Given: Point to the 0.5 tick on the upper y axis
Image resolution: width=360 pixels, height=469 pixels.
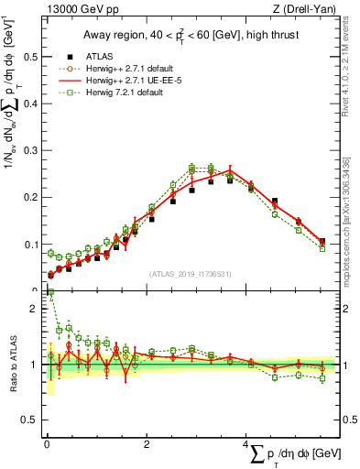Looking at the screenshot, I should pyautogui.click(x=28, y=57).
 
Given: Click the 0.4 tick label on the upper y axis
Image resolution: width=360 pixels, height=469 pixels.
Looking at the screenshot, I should pyautogui.click(x=28, y=104).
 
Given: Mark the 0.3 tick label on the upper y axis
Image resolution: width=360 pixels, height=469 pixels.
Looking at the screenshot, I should pyautogui.click(x=28, y=150).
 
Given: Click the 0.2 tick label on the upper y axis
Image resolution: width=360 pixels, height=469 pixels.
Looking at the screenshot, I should pyautogui.click(x=28, y=197).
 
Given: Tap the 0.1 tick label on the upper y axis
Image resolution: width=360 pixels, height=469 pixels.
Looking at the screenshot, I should pyautogui.click(x=28, y=245).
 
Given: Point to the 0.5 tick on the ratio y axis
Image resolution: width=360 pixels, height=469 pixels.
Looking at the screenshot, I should pyautogui.click(x=28, y=420).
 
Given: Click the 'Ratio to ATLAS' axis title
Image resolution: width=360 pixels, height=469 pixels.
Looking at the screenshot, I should pyautogui.click(x=12, y=365).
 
